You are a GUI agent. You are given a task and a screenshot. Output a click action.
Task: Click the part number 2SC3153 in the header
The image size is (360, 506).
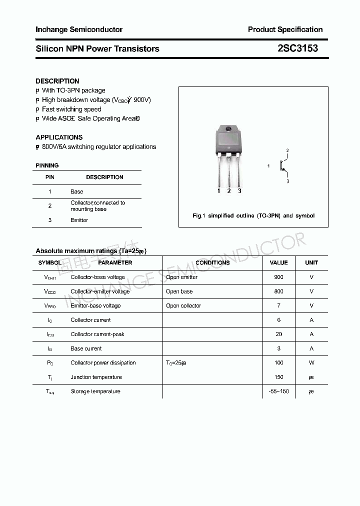297,48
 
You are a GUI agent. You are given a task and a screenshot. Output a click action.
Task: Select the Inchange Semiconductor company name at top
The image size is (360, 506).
79,29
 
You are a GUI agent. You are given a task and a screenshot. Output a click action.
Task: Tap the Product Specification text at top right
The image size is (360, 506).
285,29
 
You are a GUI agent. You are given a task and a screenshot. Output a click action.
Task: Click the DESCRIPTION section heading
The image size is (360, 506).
57,81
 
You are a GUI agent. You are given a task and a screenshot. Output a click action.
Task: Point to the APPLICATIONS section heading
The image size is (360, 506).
59,137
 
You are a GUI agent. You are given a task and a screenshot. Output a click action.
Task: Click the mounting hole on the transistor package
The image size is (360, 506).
228,130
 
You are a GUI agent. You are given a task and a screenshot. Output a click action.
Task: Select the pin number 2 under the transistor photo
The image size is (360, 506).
229,190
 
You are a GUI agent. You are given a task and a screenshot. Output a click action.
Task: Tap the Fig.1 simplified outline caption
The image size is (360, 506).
253,215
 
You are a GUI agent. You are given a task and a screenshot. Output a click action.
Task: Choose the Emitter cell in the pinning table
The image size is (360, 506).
79,220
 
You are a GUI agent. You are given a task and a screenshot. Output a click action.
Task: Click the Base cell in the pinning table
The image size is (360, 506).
77,191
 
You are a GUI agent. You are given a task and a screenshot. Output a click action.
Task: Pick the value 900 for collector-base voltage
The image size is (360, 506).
278,277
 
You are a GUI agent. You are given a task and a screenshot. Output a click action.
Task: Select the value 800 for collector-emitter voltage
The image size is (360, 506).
278,291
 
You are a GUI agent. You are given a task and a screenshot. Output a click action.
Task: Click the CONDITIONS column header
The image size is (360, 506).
212,262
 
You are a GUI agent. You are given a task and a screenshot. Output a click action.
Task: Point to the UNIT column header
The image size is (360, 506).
311,262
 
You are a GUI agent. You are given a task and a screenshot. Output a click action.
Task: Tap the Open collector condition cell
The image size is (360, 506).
183,305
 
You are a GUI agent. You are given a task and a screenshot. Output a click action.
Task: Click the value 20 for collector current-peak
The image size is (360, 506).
278,334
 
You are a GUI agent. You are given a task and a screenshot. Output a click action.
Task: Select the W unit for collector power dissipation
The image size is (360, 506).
311,362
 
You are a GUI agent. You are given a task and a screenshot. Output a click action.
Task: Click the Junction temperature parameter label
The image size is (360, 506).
96,377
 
